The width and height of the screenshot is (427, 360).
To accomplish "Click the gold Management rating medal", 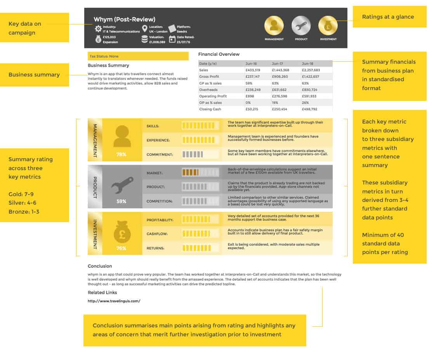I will click(274, 26).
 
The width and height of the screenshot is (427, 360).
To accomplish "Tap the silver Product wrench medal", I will click(301, 26).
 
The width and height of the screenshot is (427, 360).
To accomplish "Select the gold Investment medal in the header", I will click(328, 26).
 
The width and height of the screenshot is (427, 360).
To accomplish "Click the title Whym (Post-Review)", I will click(124, 19).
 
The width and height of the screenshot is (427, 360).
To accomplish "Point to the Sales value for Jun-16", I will click(253, 70).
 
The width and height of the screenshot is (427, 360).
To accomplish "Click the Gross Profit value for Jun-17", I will click(280, 77).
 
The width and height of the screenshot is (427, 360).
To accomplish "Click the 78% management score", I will click(121, 154).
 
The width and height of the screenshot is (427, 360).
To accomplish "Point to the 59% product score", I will click(121, 202).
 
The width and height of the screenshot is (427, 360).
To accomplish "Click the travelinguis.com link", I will click(114, 301).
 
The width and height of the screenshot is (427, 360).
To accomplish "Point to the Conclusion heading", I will click(100, 266).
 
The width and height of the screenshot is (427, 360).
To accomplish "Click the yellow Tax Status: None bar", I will click(138, 56).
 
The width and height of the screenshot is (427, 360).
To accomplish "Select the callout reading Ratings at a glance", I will click(388, 17).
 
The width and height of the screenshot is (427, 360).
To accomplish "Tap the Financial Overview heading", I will click(219, 54).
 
